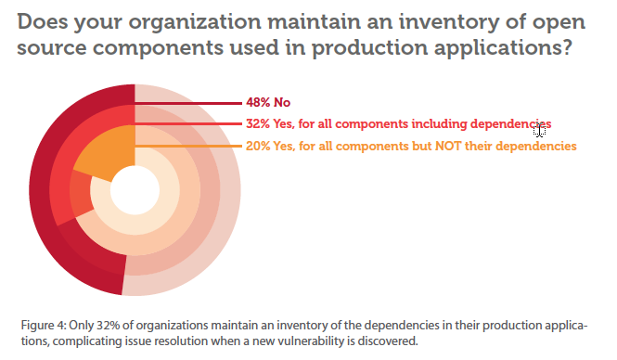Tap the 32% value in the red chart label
coord(259,123)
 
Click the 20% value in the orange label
coord(259,146)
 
